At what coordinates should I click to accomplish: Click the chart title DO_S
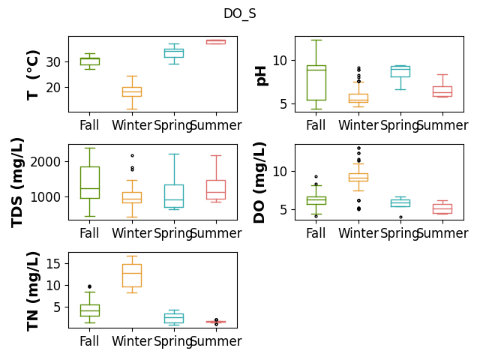pyautogui.click(x=240, y=13)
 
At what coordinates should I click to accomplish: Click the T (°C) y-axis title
pyautogui.click(x=33, y=75)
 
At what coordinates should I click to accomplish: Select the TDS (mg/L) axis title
pyautogui.click(x=17, y=182)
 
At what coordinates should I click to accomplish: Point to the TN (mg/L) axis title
pyautogui.click(x=33, y=291)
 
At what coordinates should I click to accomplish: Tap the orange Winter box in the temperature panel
pyautogui.click(x=132, y=91)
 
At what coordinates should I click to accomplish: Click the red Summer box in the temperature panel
pyautogui.click(x=216, y=42)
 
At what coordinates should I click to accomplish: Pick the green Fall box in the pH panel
pyautogui.click(x=316, y=82)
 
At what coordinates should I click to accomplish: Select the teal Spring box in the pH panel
pyautogui.click(x=400, y=72)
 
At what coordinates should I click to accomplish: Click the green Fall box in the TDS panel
pyautogui.click(x=90, y=182)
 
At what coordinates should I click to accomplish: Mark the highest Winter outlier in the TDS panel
pyautogui.click(x=132, y=155)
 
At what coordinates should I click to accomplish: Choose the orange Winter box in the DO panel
pyautogui.click(x=358, y=178)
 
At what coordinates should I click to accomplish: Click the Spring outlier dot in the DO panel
pyautogui.click(x=400, y=217)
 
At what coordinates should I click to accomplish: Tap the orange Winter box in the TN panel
pyautogui.click(x=132, y=275)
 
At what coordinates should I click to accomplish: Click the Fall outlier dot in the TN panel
pyautogui.click(x=90, y=286)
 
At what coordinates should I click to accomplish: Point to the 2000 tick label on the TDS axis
pyautogui.click(x=45, y=162)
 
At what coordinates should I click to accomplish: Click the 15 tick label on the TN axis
pyautogui.click(x=53, y=263)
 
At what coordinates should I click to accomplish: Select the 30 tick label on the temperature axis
pyautogui.click(x=53, y=61)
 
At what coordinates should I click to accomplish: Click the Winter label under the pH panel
pyautogui.click(x=358, y=125)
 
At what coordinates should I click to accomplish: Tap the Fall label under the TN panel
pyautogui.click(x=89, y=341)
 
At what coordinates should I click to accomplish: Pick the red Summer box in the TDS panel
pyautogui.click(x=216, y=190)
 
